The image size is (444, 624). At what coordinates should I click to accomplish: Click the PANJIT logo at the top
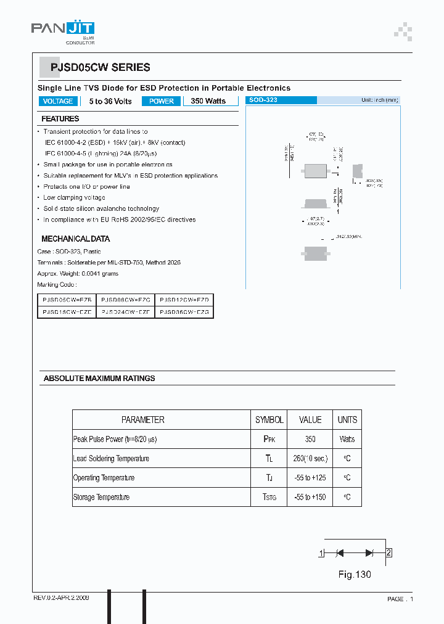pos(63,30)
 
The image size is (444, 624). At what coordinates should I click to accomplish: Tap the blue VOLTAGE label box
pos(57,101)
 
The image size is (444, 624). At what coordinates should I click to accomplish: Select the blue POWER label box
pos(162,101)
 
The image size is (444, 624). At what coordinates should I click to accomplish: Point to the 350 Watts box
pos(208,101)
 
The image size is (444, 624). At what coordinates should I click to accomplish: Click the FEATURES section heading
pos(60,118)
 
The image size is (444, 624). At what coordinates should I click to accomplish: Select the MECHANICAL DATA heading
pos(75,239)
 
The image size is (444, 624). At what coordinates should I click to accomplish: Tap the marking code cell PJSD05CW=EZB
pos(67,299)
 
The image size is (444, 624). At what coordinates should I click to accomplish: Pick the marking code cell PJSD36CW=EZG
pos(184,313)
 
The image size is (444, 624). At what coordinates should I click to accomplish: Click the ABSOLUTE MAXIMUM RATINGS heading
pos(99,378)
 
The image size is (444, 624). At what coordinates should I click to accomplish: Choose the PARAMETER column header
pos(142,420)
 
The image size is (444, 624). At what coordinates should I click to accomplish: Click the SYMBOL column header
pos(269,420)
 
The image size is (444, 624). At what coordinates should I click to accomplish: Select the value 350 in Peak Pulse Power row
pos(310,440)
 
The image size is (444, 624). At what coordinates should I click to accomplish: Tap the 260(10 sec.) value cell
pos(310,459)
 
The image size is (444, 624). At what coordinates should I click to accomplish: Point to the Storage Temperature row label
pos(101,497)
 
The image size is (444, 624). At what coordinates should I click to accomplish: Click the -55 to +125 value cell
pos(310,478)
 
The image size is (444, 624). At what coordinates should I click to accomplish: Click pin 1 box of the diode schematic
pos(321,553)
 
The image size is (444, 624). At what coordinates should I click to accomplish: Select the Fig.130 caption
pos(355,575)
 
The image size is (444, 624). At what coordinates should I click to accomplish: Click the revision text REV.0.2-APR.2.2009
pos(60,598)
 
